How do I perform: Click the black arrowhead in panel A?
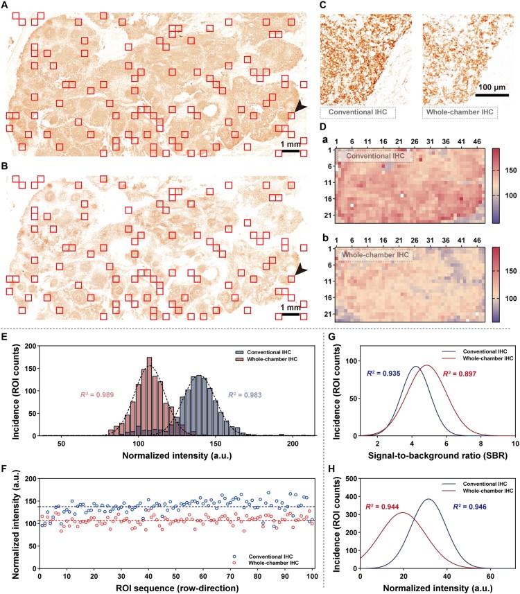(x=299, y=106)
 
